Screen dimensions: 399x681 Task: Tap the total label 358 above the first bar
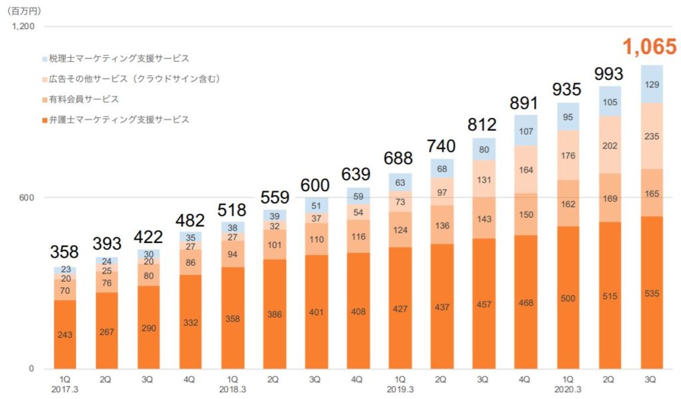pos(65,252)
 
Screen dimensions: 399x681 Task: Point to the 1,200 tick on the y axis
pos(23,27)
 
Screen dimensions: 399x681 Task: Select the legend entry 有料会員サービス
pos(84,99)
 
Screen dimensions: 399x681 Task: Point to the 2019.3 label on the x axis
pos(398,390)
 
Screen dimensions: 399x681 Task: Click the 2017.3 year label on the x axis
pos(65,390)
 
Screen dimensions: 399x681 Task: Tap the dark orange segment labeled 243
pos(65,334)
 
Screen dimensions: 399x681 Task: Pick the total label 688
pos(398,159)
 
